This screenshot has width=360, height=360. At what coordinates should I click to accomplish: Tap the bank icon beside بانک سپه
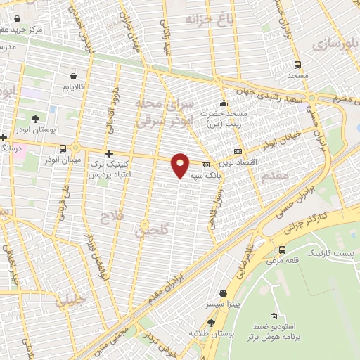(205, 165)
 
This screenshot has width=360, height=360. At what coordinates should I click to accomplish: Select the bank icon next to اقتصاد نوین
(237, 151)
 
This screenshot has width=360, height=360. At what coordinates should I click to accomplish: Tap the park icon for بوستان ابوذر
(35, 118)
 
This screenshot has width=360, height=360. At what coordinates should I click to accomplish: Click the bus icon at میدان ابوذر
(64, 148)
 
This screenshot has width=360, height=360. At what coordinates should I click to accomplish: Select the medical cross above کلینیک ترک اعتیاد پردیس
(108, 153)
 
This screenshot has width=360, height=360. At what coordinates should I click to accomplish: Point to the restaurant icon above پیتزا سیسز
(224, 293)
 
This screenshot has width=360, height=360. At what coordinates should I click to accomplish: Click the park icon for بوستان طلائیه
(212, 321)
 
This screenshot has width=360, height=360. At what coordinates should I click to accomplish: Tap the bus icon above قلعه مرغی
(282, 250)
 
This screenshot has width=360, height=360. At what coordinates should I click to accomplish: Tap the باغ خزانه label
(208, 19)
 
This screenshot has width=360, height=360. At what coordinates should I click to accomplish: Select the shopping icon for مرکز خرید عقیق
(5, 30)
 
